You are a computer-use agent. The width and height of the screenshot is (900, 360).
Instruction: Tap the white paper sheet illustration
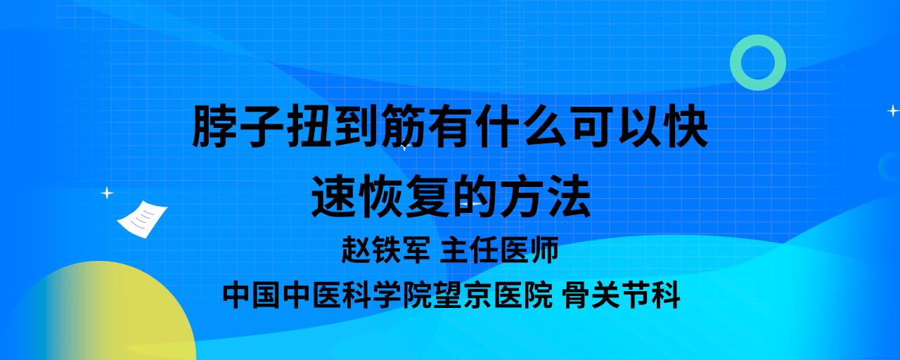click(x=142, y=219)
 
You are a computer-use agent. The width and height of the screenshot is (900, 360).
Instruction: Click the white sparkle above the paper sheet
click(x=107, y=193)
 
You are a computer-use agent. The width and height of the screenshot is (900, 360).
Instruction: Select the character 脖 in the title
click(x=215, y=126)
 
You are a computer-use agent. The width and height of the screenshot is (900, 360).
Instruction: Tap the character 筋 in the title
click(x=404, y=126)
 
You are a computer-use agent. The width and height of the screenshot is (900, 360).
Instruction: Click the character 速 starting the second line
click(x=334, y=196)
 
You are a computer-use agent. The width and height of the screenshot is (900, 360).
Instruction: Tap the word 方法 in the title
click(x=545, y=196)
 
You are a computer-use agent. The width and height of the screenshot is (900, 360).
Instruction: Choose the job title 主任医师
click(x=499, y=250)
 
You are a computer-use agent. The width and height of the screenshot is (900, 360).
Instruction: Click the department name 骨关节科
click(x=622, y=295)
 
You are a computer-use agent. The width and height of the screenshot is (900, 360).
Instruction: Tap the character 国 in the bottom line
click(x=268, y=295)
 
